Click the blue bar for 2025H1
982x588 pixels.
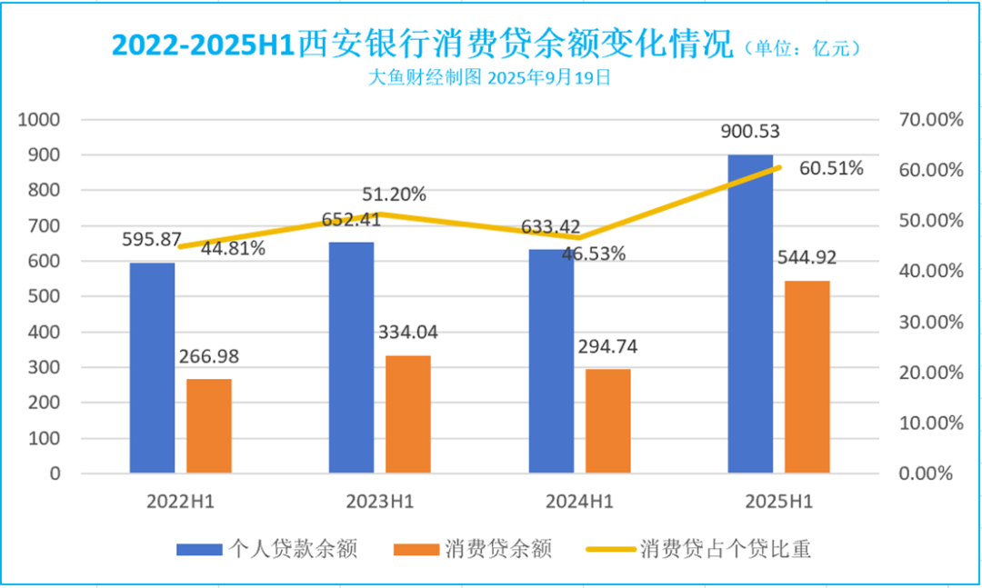(750, 314)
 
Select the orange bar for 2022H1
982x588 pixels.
(209, 425)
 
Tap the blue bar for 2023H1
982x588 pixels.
(351, 357)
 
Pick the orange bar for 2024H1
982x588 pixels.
(607, 421)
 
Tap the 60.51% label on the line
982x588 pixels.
(832, 169)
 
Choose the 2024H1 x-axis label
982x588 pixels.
(579, 501)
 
